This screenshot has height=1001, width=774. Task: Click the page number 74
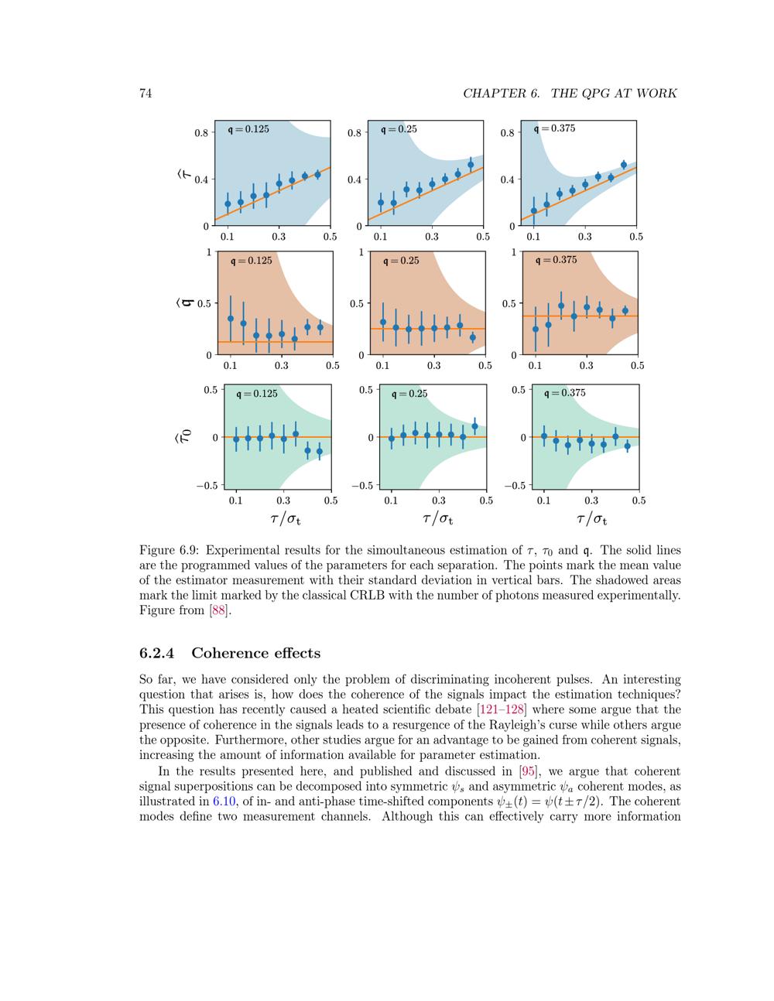coord(145,94)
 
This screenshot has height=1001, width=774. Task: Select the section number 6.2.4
coord(159,653)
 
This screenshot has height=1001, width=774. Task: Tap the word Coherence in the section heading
coord(231,653)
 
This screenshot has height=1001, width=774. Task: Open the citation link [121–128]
coord(501,709)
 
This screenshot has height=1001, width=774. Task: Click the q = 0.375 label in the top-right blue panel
coord(555,128)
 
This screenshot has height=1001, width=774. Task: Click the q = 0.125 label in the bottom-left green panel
coord(256,394)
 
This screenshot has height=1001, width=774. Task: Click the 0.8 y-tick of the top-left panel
coord(201,132)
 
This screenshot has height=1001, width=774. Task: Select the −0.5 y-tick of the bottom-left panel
coord(207,486)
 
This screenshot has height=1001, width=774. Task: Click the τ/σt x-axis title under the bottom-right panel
coord(591,518)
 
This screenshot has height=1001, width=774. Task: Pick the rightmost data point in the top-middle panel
coord(471,165)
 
